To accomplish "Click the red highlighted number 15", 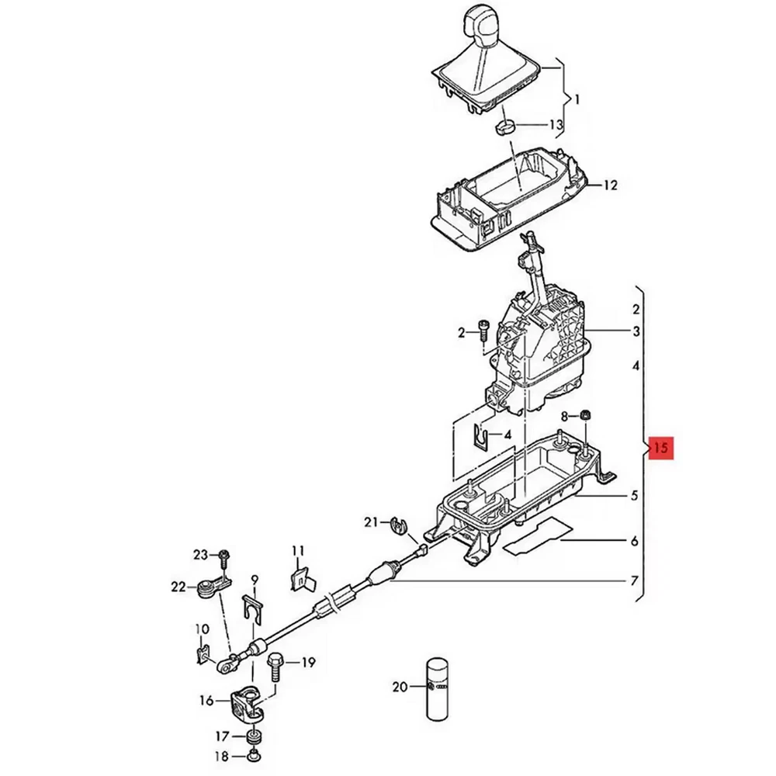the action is pyautogui.click(x=661, y=448).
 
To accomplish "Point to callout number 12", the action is pyautogui.click(x=611, y=185).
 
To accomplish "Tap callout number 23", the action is pyautogui.click(x=200, y=555).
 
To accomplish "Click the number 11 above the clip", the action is pyautogui.click(x=298, y=550).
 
